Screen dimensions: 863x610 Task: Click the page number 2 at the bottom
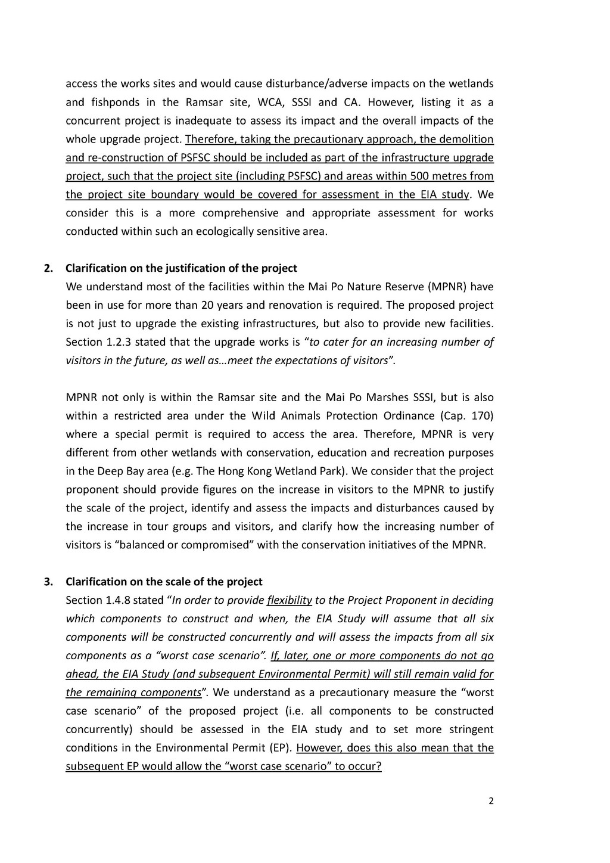pyautogui.click(x=491, y=801)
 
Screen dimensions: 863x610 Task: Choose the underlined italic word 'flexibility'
pyautogui.click(x=290, y=600)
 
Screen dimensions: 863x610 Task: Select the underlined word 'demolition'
pyautogui.click(x=466, y=139)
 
